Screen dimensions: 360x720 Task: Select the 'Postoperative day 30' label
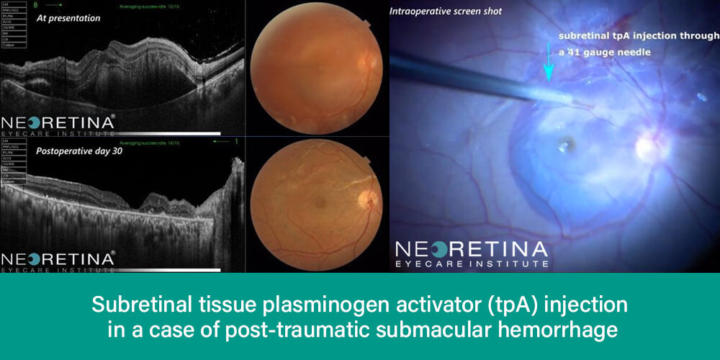point(70,152)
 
